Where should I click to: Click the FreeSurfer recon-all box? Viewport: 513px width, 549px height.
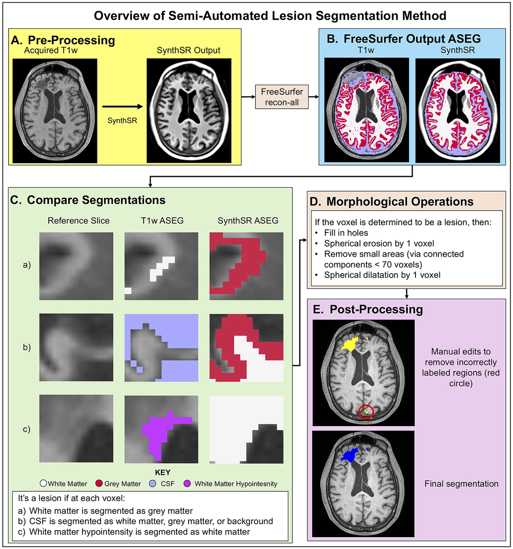tap(282, 97)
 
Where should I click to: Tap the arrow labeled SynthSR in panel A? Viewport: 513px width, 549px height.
tap(122, 107)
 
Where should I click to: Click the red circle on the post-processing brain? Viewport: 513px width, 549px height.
tap(366, 412)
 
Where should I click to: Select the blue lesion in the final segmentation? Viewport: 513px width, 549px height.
tap(349, 455)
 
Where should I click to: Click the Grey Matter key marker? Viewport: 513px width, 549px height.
tap(99, 484)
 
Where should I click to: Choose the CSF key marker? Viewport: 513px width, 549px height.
tap(153, 484)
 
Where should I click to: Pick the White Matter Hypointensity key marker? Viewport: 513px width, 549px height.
tap(187, 484)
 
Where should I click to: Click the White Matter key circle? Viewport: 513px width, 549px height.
tap(43, 484)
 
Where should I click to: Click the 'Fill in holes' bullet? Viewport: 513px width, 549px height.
tap(346, 233)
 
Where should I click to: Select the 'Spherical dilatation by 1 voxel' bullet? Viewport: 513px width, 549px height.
tap(382, 275)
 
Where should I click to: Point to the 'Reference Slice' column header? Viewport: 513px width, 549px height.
tap(79, 221)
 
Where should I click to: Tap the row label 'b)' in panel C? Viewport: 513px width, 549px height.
tap(27, 347)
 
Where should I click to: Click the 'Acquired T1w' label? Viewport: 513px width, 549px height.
tap(51, 50)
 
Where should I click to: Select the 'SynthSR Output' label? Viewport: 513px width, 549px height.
tap(189, 50)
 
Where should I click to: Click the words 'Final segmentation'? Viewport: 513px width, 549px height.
tap(461, 484)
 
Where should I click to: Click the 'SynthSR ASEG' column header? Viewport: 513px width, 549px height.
tap(248, 221)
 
